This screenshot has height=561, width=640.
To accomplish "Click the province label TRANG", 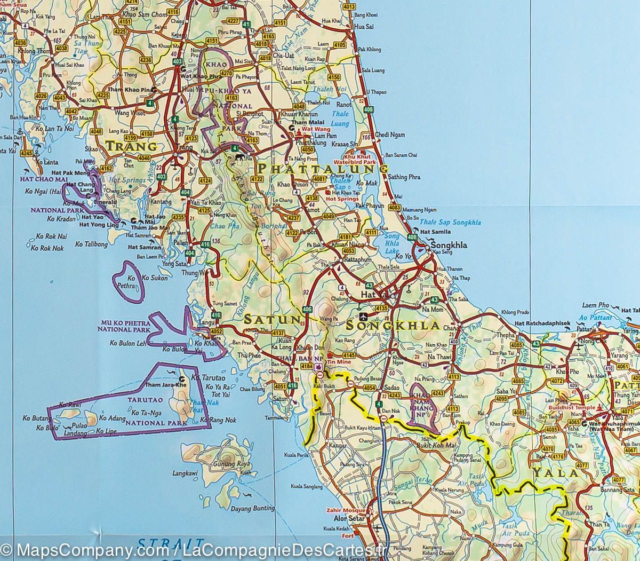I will coord(131,145).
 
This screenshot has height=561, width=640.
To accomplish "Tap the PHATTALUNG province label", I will coord(322,169).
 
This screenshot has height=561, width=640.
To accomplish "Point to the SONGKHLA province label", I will coord(392,325).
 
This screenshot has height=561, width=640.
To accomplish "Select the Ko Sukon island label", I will coord(155,278).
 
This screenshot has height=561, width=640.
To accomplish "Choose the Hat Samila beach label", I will coord(436,232).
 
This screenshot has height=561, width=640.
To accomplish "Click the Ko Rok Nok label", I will coord(47,248).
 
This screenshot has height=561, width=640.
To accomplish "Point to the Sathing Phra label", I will coord(404,177).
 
